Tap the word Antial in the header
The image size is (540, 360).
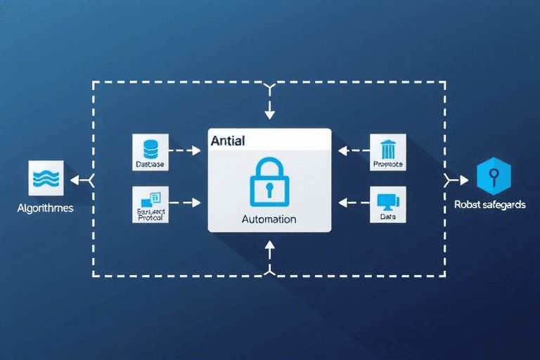click(x=228, y=141)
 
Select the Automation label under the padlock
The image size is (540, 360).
click(x=269, y=219)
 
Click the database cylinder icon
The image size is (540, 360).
click(x=150, y=148)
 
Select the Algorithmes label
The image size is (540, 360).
click(x=46, y=209)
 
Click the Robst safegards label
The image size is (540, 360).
click(x=490, y=205)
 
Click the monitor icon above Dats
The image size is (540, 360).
click(x=387, y=202)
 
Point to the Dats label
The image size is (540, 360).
click(x=388, y=217)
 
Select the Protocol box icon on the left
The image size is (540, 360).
click(x=150, y=200)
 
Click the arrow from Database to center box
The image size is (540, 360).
click(x=187, y=150)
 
